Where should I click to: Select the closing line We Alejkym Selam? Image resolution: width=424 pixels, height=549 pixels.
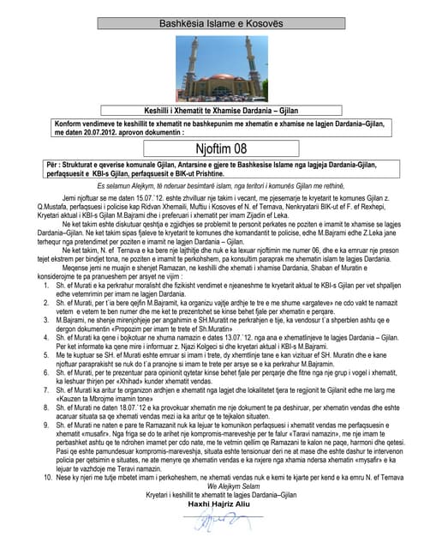coord(212,510)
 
